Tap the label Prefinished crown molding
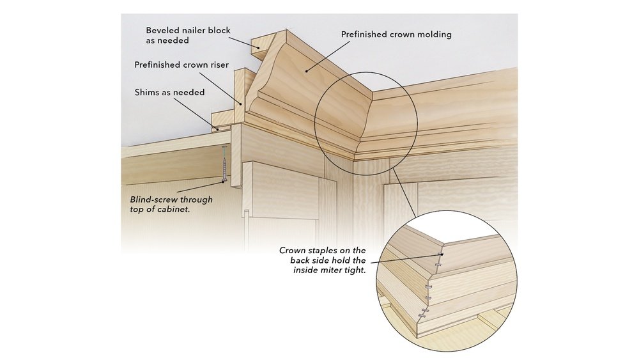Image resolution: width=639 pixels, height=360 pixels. tap(396, 35)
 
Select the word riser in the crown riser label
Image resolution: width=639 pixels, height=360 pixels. tap(215, 65)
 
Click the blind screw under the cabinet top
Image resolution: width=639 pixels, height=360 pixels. tap(225, 165)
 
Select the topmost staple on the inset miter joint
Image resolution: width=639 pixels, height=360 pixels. tap(439, 265)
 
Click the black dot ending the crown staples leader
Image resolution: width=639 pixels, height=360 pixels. tap(442, 255)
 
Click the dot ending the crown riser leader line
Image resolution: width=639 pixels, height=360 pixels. tap(242, 102)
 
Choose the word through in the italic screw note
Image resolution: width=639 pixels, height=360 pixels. tap(195, 200)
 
